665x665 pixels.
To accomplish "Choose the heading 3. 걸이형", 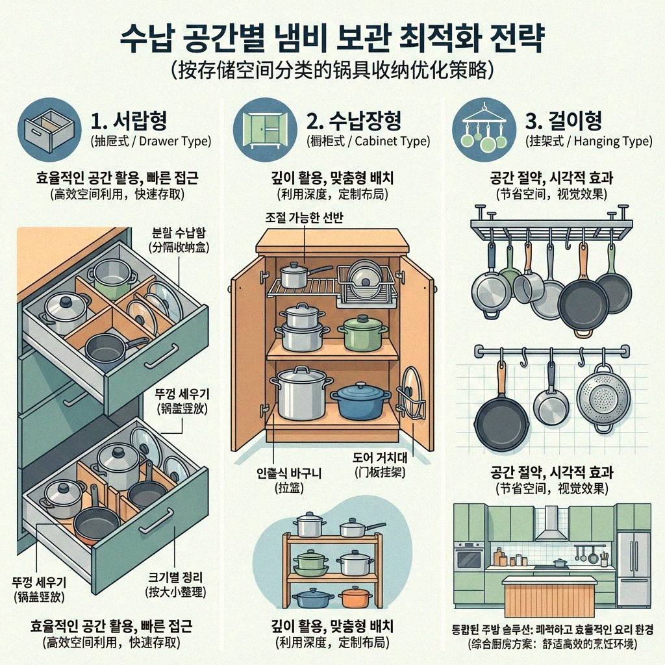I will [x=562, y=120].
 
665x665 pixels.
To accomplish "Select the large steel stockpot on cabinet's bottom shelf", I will [x=301, y=391].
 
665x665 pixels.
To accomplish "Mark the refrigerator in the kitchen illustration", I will [x=633, y=560].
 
